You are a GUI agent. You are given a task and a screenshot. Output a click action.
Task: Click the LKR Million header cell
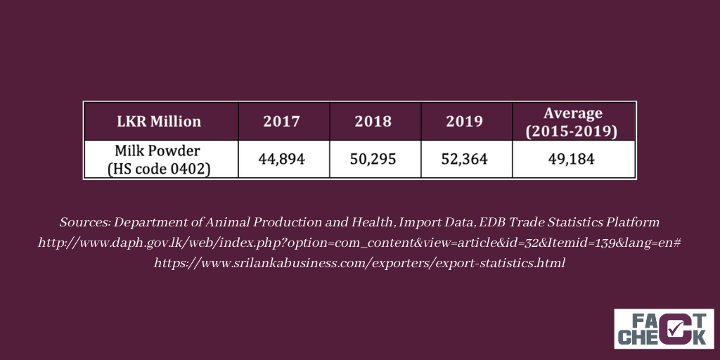pyautogui.click(x=159, y=121)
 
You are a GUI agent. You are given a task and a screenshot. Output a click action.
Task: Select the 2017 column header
pyautogui.click(x=281, y=121)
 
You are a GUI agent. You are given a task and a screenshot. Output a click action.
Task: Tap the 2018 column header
pyautogui.click(x=373, y=121)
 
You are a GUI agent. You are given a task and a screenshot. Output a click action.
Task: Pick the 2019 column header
pyautogui.click(x=464, y=121)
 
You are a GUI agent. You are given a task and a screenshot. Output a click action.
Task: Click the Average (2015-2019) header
pyautogui.click(x=572, y=122)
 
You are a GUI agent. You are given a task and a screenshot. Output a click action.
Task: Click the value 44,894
pyautogui.click(x=281, y=160)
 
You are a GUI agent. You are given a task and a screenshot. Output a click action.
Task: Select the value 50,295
pyautogui.click(x=373, y=160)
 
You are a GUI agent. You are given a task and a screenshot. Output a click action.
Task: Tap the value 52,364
pyautogui.click(x=464, y=160)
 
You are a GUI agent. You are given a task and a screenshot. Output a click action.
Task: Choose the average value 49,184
pyautogui.click(x=571, y=160)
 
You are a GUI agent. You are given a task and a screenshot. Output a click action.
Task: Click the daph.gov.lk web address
pyautogui.click(x=359, y=243)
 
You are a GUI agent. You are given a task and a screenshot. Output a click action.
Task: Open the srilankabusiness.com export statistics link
pyautogui.click(x=359, y=264)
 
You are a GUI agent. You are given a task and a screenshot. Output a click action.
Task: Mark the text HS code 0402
pyautogui.click(x=159, y=169)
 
